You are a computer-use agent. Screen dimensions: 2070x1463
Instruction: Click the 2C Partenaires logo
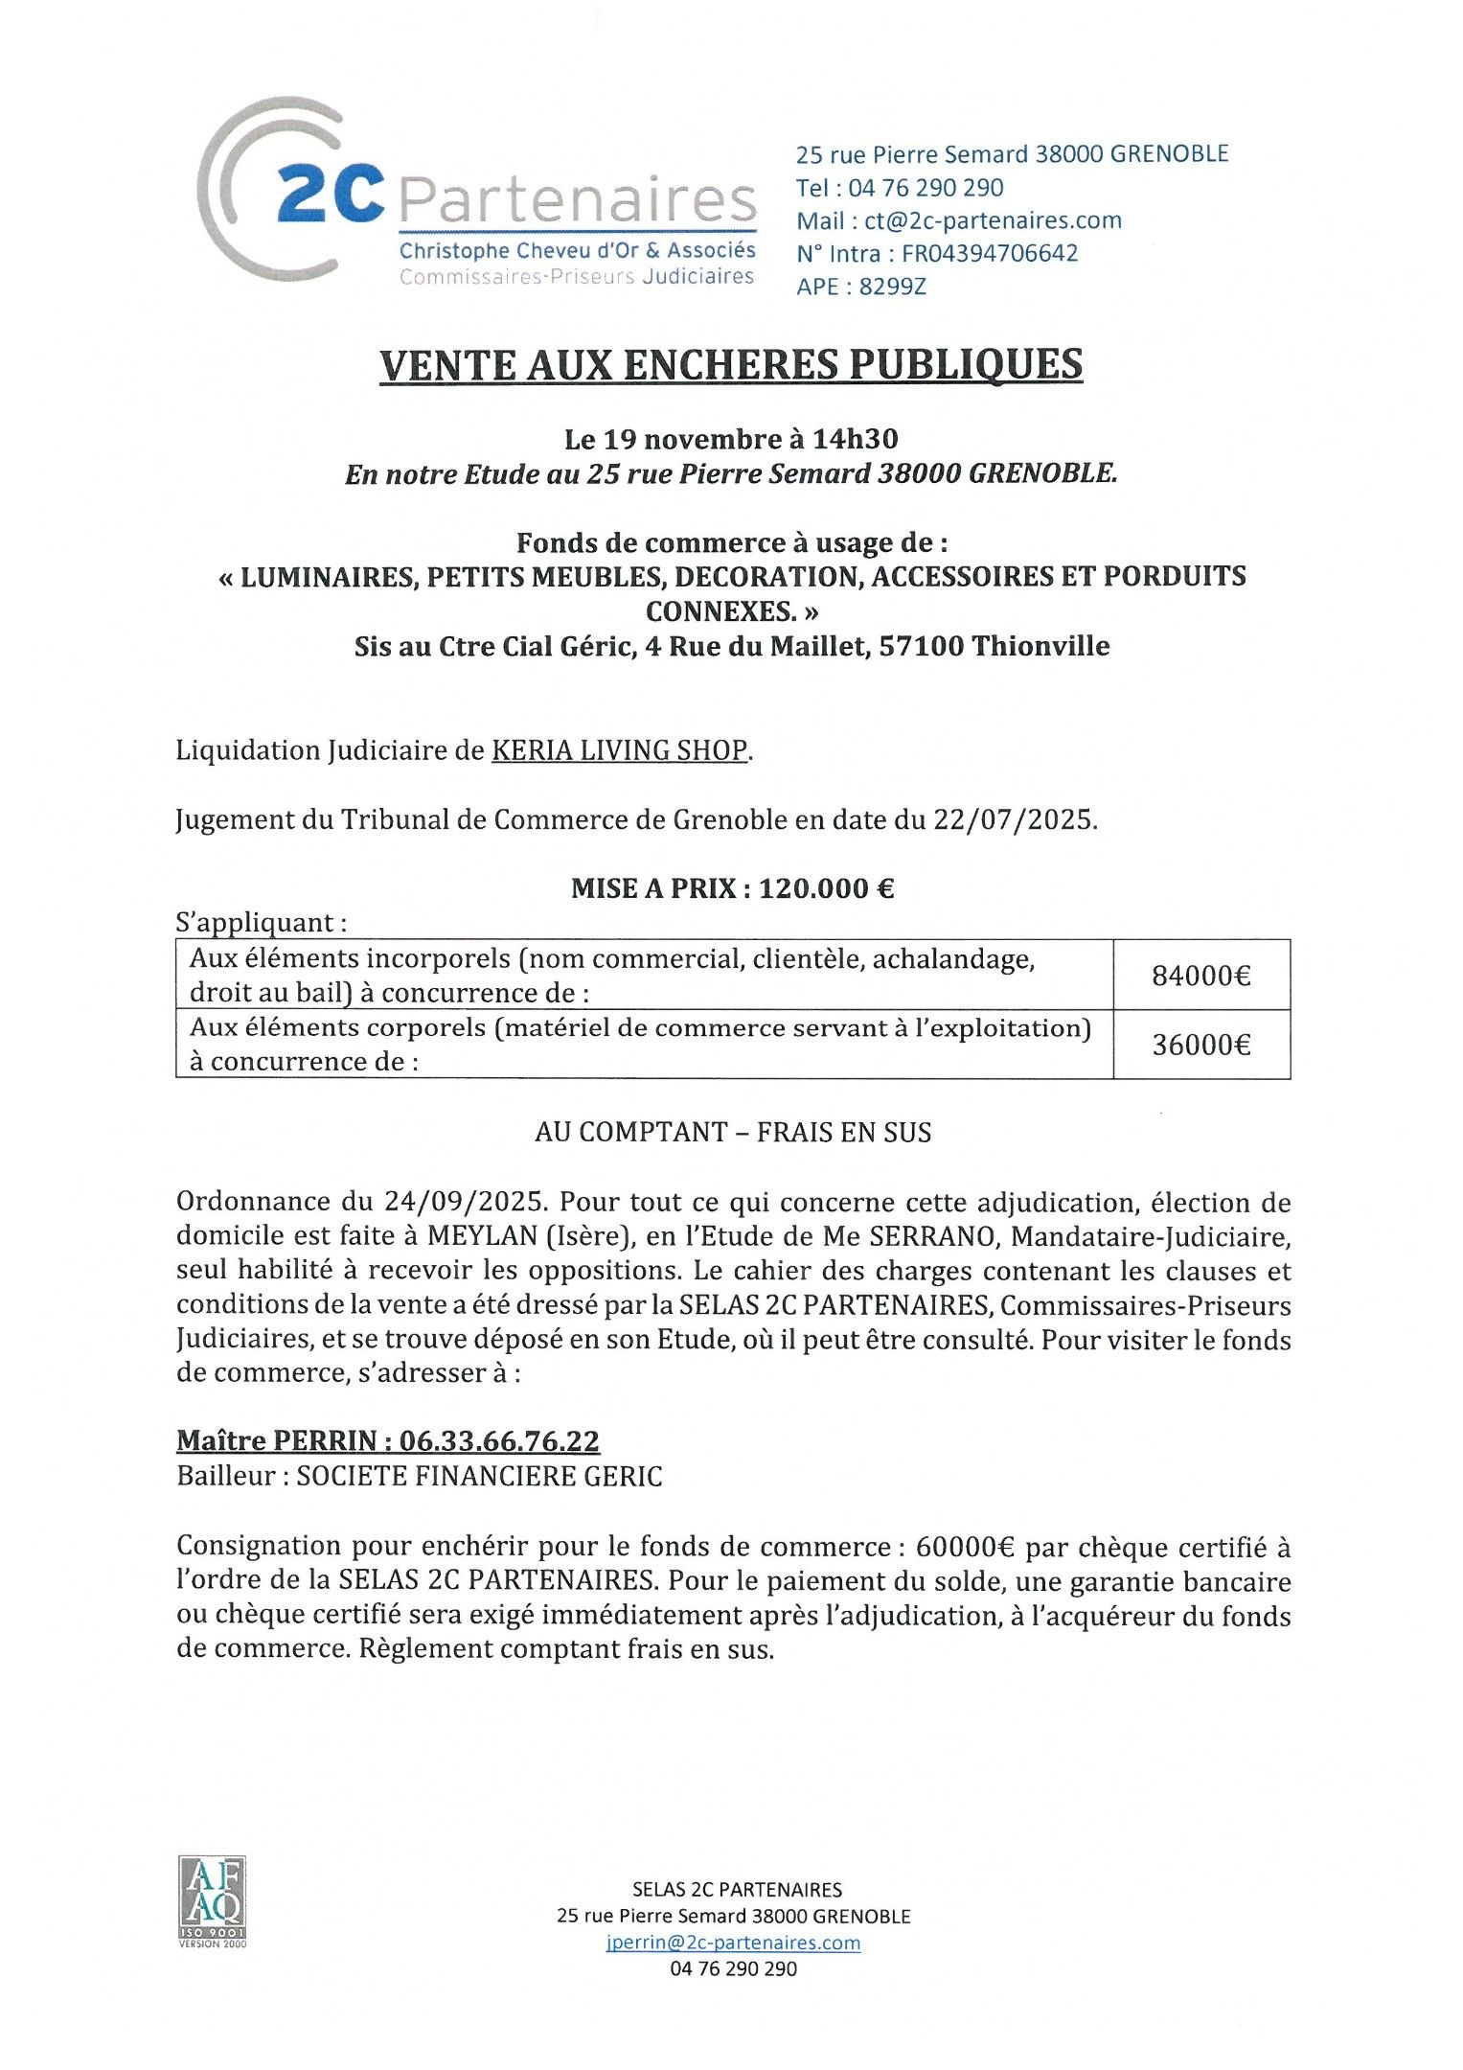[x=477, y=192]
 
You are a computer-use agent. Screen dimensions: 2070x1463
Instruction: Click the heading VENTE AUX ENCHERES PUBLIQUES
[x=731, y=365]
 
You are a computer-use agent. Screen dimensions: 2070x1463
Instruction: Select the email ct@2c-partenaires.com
[x=993, y=220]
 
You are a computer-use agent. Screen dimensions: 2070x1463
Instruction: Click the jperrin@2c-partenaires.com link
[x=733, y=1943]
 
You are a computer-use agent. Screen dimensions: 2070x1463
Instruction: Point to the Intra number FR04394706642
[x=990, y=253]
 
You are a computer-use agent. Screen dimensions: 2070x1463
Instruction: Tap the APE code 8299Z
[x=893, y=287]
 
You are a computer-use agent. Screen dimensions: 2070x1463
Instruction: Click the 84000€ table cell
[x=1200, y=976]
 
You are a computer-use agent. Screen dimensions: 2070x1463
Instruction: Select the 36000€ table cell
[x=1200, y=1045]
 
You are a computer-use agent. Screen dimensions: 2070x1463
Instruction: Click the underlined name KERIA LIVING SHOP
[x=619, y=750]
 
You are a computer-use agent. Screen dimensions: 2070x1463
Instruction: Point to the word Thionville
[x=1040, y=646]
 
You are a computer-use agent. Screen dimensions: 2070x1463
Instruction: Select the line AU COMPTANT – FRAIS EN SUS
[x=733, y=1133]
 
